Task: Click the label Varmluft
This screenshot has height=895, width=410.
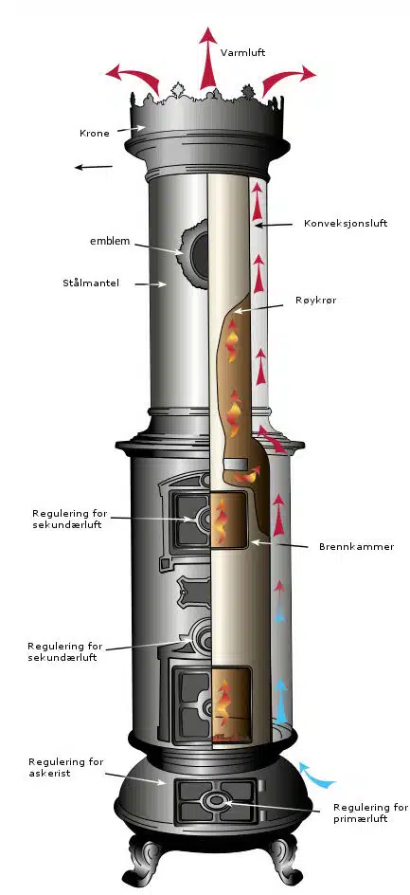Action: (x=242, y=53)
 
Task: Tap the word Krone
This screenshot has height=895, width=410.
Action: (x=94, y=134)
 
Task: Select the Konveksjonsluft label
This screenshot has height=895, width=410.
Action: (x=346, y=223)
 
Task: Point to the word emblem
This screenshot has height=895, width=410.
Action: (x=110, y=242)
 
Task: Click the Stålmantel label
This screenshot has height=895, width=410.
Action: (x=91, y=283)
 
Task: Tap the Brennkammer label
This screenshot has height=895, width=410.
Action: (x=356, y=546)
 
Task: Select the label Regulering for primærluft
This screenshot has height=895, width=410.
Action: (x=370, y=813)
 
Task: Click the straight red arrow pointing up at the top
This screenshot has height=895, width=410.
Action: (x=208, y=59)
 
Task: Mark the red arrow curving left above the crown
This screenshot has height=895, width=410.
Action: (x=133, y=77)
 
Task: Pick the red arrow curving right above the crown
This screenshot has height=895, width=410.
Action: (x=288, y=77)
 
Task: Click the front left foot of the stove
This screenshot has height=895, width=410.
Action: (x=147, y=859)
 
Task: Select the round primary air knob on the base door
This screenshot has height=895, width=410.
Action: (x=214, y=800)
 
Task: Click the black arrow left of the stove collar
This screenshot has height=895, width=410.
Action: (x=94, y=167)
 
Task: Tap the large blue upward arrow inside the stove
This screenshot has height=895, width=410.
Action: (x=280, y=700)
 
